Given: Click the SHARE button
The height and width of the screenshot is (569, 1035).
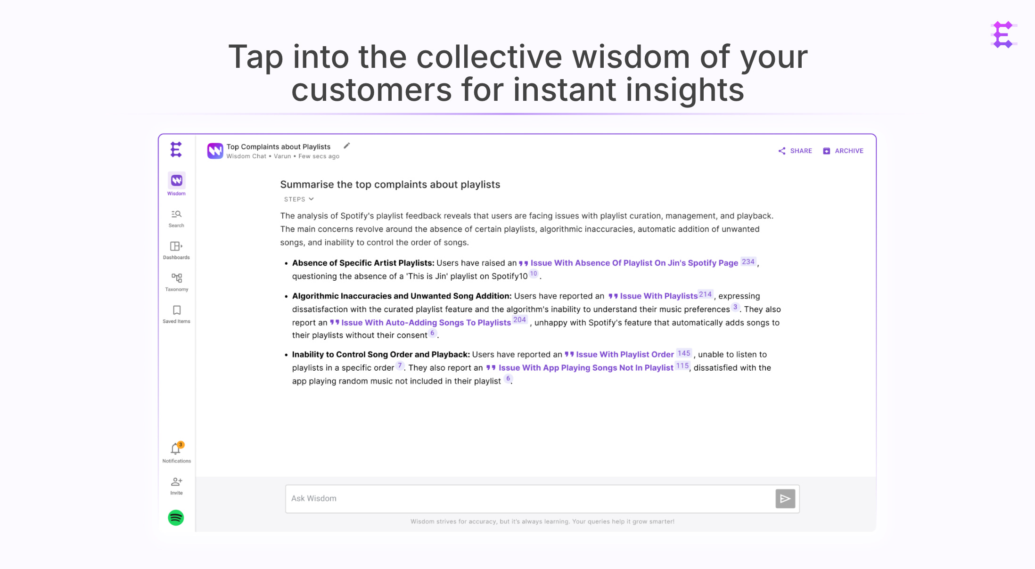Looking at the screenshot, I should click(x=795, y=151).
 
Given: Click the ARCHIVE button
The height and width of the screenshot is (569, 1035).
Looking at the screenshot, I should click(x=843, y=151).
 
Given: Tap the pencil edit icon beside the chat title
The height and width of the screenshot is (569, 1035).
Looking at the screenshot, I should click(x=347, y=146).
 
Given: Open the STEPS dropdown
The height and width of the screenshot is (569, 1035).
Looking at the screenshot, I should click(x=299, y=199).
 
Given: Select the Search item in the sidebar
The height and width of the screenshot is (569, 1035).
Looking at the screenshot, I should click(x=176, y=219).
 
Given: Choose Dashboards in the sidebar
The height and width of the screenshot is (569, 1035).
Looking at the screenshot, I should click(x=176, y=250).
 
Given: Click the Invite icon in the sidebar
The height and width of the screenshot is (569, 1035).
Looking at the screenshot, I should click(x=176, y=485).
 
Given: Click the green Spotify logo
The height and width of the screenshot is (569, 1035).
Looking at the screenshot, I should click(x=176, y=518).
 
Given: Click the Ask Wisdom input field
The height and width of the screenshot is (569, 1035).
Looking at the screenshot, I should click(x=528, y=498).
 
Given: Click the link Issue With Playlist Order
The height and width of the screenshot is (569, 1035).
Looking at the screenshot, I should click(x=624, y=355).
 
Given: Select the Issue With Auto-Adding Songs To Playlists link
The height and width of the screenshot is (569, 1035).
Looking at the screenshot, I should click(x=426, y=323).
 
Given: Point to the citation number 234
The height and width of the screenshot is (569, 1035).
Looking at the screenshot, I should click(x=748, y=262).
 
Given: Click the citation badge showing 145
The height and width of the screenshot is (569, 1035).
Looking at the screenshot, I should click(x=684, y=353).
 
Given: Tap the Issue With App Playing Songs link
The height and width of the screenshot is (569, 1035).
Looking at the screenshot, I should click(x=585, y=368).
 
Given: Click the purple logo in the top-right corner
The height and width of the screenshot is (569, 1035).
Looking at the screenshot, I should click(x=1003, y=34).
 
